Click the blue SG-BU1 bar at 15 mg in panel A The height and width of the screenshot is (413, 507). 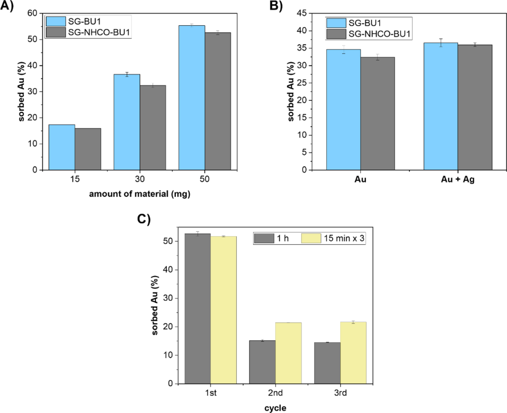62,147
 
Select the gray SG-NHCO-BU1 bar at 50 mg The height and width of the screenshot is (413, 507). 217,101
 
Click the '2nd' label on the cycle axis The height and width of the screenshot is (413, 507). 276,394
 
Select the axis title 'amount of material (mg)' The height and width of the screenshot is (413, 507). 140,194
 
